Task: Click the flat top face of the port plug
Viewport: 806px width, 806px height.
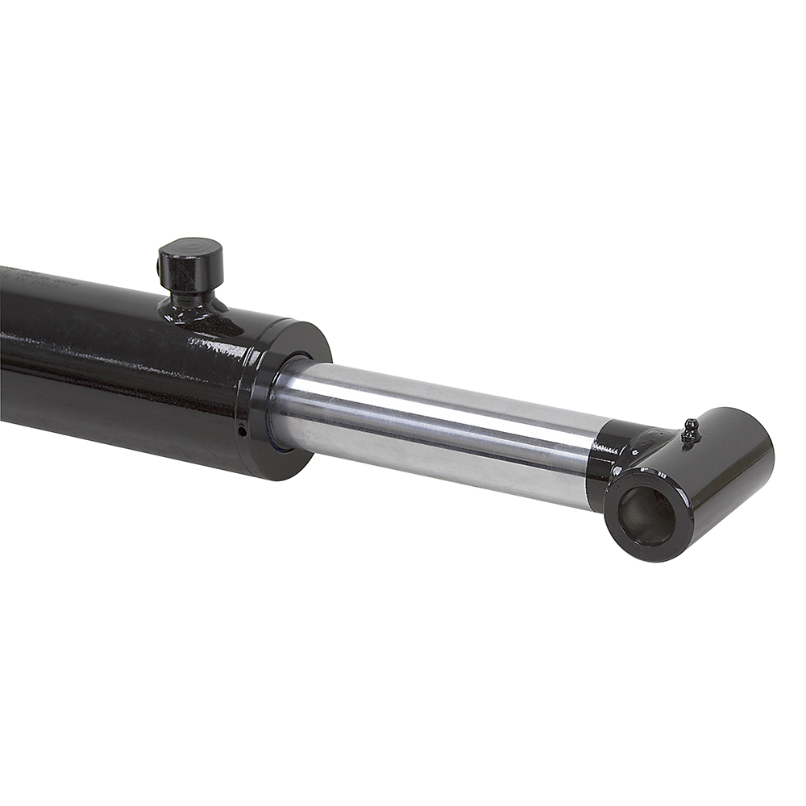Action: coord(190,246)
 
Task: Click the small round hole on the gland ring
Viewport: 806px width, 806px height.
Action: coord(242,430)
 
